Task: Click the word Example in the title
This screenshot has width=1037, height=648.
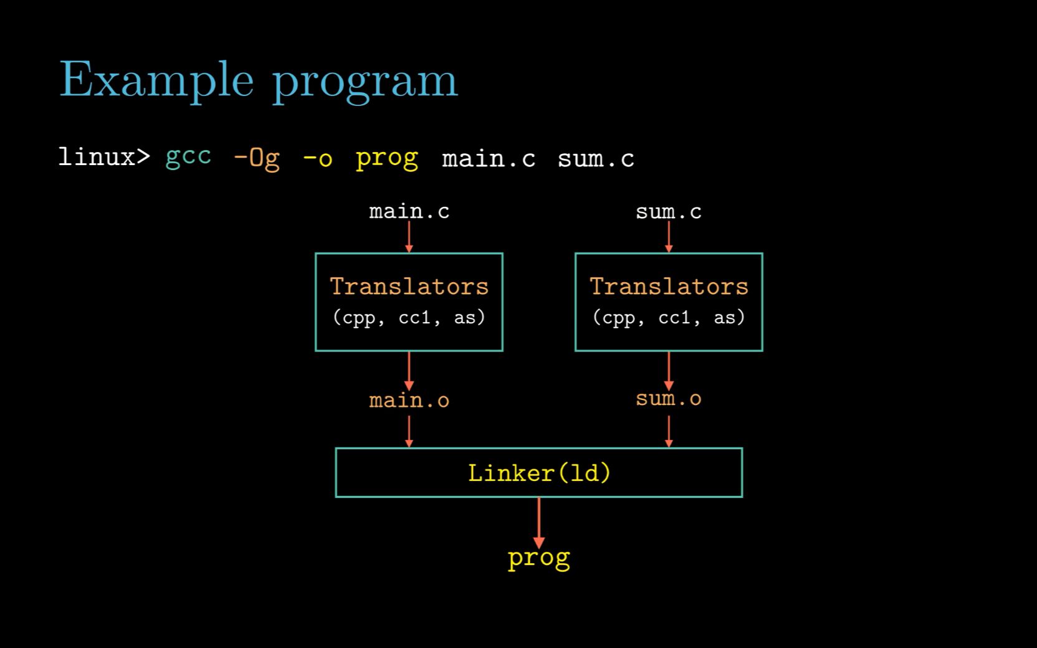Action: (156, 80)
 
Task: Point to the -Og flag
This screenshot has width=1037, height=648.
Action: (257, 158)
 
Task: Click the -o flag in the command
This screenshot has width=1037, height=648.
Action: (318, 158)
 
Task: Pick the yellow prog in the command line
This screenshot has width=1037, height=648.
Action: (387, 160)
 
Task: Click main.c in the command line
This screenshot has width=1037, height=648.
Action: (489, 159)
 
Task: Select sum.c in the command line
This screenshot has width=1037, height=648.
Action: (596, 159)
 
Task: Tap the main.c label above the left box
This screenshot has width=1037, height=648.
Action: (409, 211)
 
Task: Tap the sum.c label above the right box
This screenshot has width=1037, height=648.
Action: (669, 212)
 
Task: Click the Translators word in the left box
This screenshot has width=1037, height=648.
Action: (409, 286)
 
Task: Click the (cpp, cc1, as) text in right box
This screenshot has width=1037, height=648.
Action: (669, 318)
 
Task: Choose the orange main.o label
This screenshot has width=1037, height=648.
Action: (409, 401)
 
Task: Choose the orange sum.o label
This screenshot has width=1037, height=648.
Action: (669, 399)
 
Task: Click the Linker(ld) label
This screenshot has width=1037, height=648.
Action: (539, 473)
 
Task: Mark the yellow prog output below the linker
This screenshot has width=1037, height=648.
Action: (539, 559)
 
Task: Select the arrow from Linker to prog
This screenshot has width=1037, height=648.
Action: (539, 523)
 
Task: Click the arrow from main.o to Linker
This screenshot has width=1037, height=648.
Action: (409, 431)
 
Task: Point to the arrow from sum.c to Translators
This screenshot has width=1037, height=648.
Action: (669, 237)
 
